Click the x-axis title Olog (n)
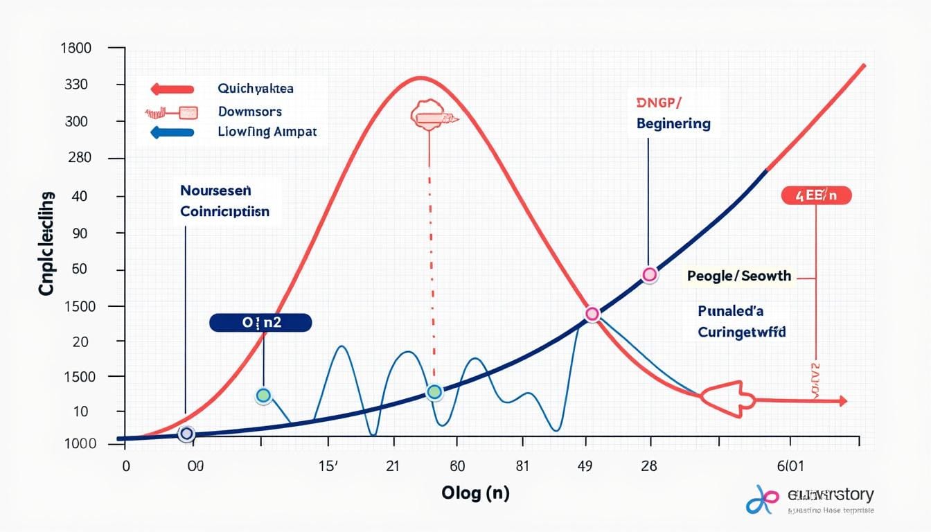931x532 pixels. (x=475, y=493)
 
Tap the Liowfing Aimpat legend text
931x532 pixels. (x=267, y=132)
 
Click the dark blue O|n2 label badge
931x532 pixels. (x=260, y=322)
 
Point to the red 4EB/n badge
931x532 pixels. (x=816, y=196)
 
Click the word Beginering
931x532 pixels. (x=673, y=124)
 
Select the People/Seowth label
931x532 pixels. (x=738, y=276)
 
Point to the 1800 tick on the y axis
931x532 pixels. (x=76, y=48)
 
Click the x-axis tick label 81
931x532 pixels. (x=522, y=465)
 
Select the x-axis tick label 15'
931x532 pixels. (x=328, y=465)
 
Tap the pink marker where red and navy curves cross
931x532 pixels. (x=592, y=314)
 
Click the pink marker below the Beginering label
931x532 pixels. (x=649, y=275)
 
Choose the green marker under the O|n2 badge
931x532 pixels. (x=263, y=396)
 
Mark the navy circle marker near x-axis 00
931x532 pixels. (x=186, y=434)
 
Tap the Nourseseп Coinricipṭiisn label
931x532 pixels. (x=225, y=201)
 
